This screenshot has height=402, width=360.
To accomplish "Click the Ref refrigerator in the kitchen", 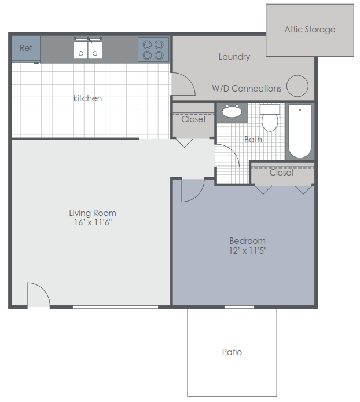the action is tap(26, 48).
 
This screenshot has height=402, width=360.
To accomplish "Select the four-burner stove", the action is tap(153, 49).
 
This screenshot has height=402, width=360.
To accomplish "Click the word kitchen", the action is tap(87, 98).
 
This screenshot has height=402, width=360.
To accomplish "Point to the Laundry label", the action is tap(234, 57).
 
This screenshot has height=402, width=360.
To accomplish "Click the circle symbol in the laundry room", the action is tap(297, 86).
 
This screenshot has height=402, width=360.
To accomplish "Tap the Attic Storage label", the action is tap(310, 30).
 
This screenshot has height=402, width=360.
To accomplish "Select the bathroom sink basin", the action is tap(232, 111).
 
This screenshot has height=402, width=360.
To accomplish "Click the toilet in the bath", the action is tap(270, 118).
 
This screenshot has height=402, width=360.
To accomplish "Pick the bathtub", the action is tap(300, 131).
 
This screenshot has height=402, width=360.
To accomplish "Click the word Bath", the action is tap(253, 140).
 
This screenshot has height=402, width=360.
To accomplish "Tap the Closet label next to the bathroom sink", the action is tap(193, 119).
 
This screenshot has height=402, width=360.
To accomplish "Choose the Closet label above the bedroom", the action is tap(282, 173).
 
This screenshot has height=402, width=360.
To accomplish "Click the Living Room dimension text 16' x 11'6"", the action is tap(93, 222).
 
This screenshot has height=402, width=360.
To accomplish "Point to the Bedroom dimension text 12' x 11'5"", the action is tap(248, 250).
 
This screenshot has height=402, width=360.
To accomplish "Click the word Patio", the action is tap(232, 352).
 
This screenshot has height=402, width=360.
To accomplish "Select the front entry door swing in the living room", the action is tap(43, 288).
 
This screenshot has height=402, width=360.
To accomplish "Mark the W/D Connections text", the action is tap(247, 89).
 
